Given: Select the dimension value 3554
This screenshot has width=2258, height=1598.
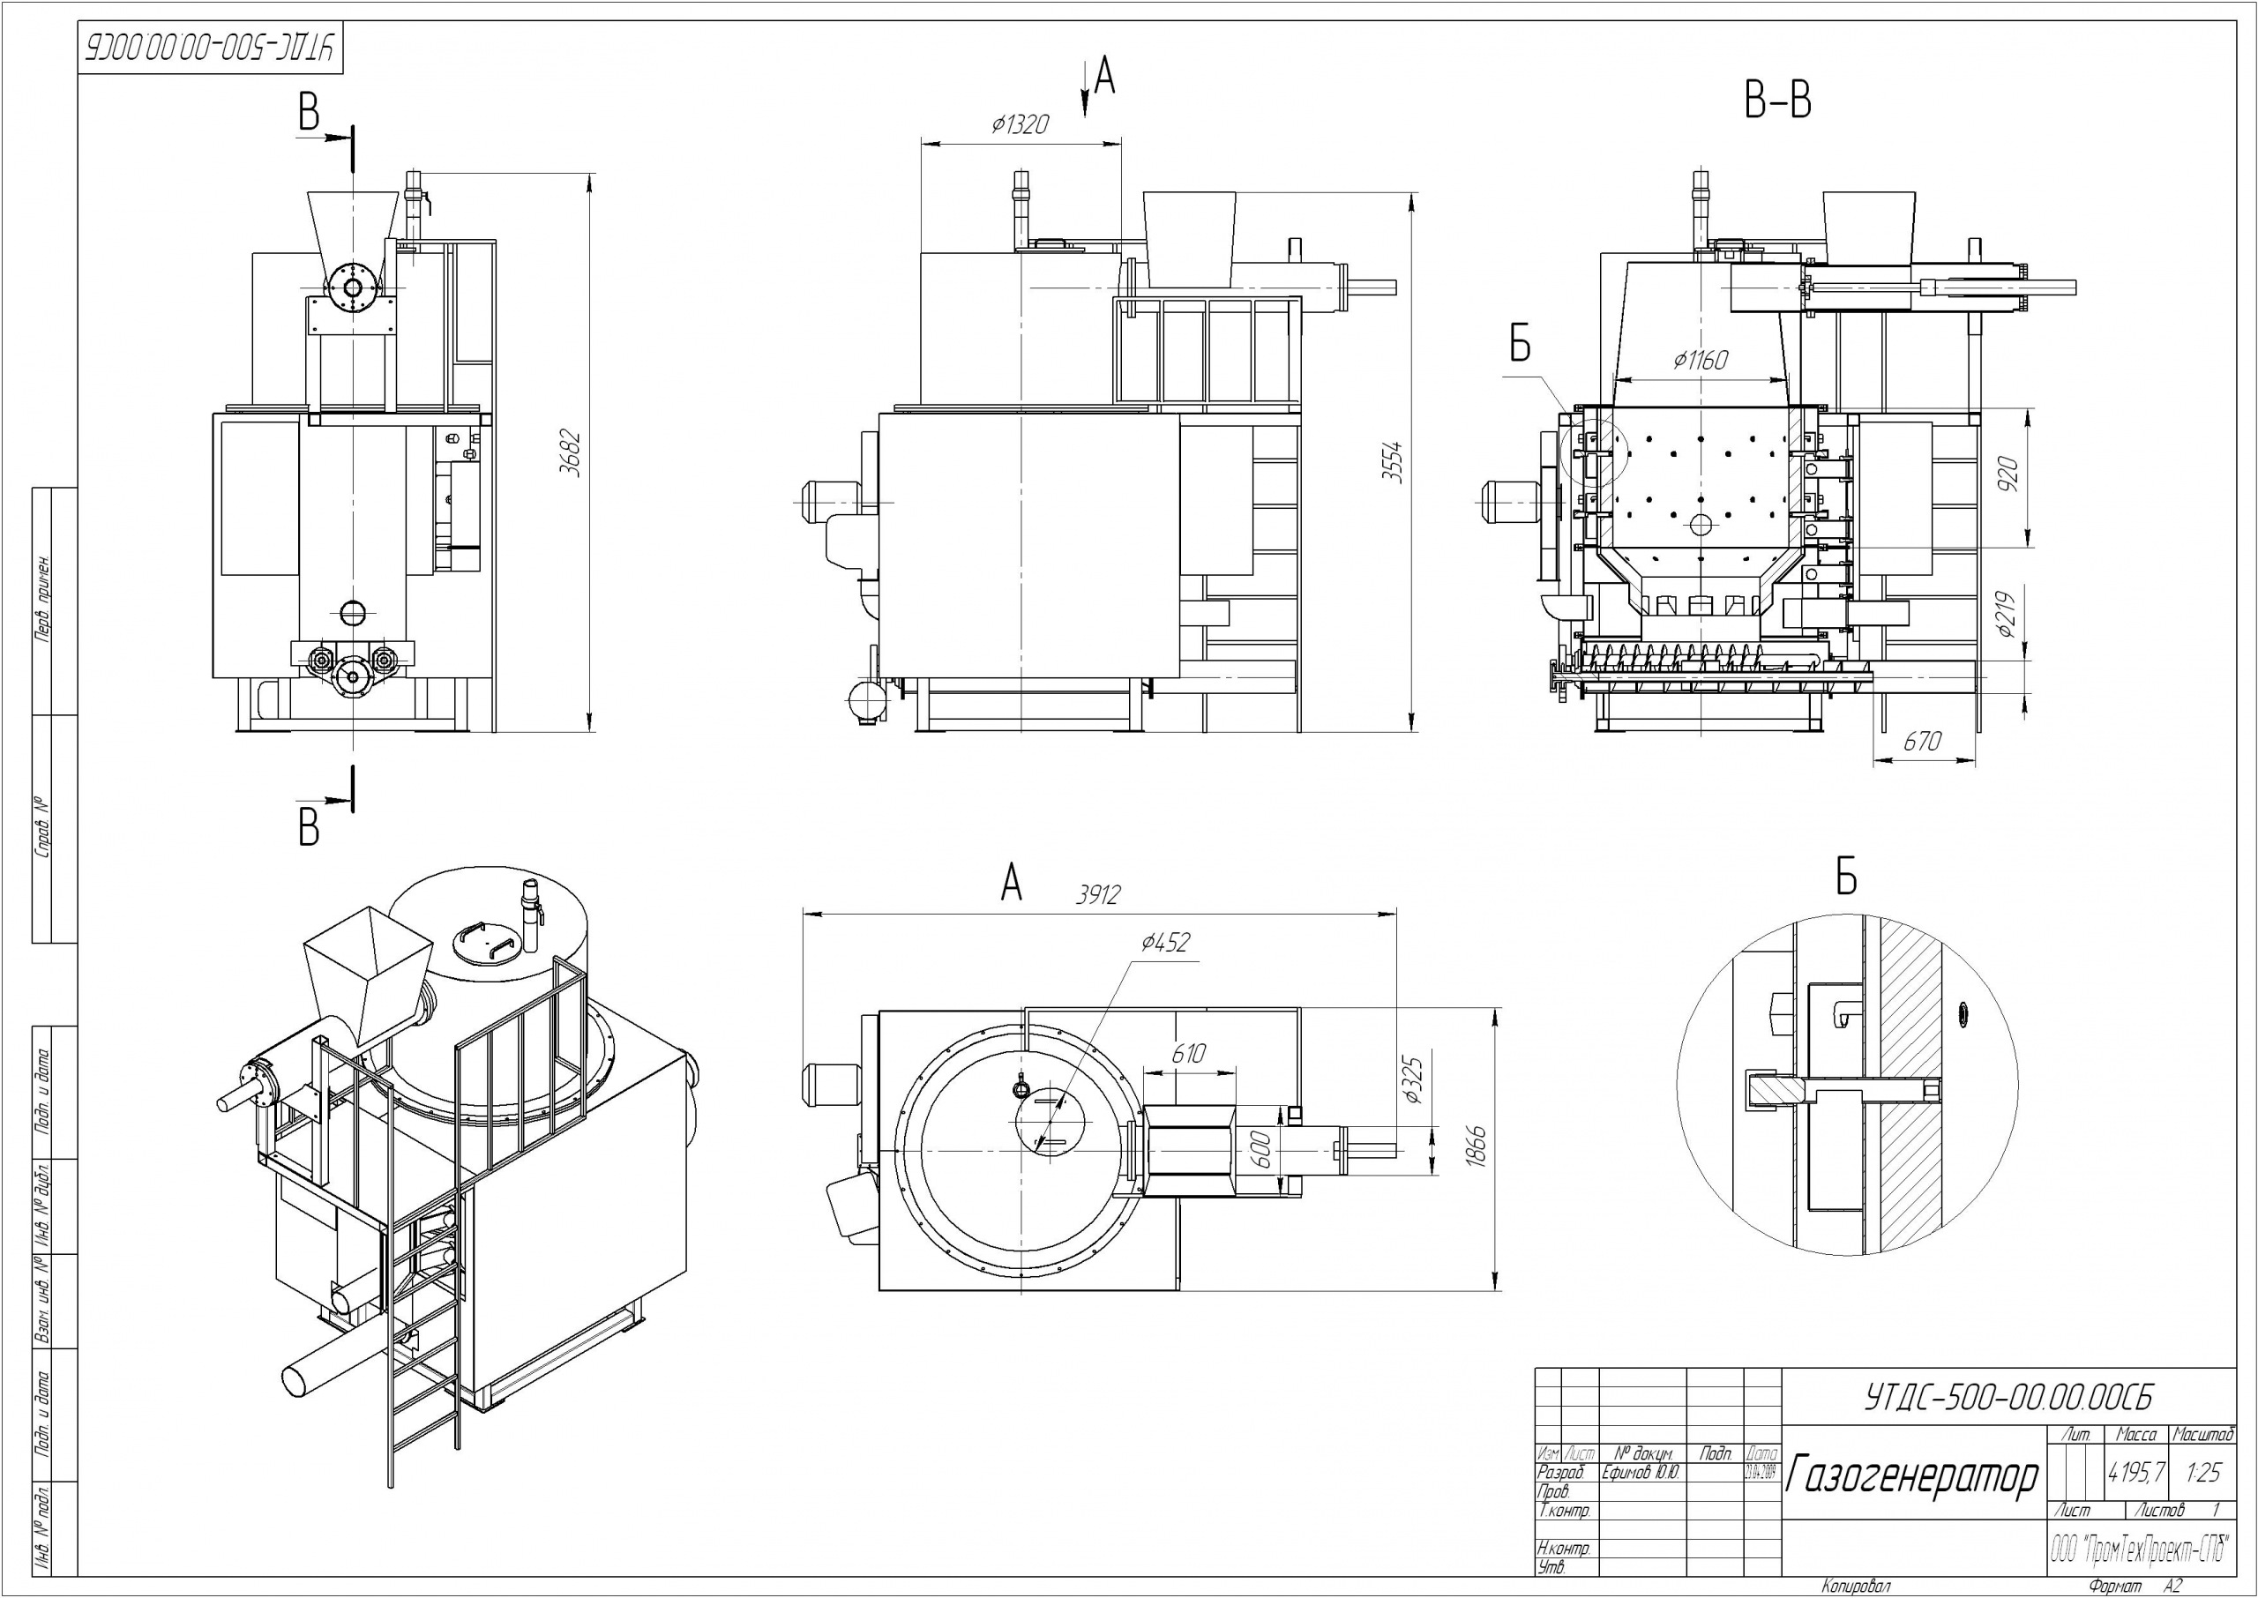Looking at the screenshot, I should pos(1391,461).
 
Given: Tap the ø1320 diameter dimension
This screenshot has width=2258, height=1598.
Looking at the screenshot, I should pos(1021,125).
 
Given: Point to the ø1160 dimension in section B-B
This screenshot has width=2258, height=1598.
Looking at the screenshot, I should pos(1701,360).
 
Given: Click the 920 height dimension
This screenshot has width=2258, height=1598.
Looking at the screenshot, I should pos(2009,475).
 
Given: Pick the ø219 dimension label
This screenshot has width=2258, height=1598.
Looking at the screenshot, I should pos(2009,613).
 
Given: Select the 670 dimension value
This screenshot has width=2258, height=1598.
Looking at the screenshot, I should pos(1922,741).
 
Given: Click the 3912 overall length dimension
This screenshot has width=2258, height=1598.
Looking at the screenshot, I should pos(1098,895).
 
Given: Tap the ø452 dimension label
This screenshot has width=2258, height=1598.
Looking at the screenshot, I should pos(1166,943).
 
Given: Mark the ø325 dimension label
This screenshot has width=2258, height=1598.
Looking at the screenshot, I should pos(1414,1080).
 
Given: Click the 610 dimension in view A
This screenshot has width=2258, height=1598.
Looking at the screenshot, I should pos(1187,1054).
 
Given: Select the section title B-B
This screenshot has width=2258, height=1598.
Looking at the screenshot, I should pos(1778,101).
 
